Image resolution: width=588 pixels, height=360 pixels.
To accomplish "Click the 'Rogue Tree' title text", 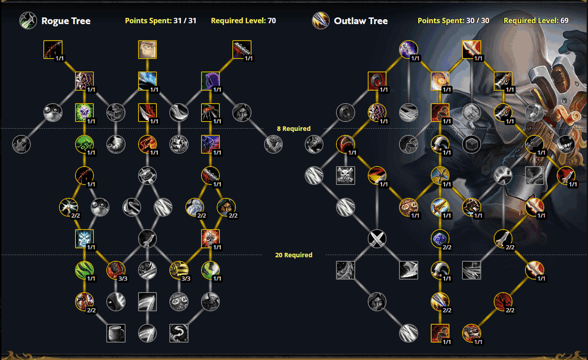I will pyautogui.click(x=66, y=21).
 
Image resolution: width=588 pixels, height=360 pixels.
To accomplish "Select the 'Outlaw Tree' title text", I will pyautogui.click(x=361, y=21).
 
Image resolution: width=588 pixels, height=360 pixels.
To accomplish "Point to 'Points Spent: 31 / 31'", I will pyautogui.click(x=160, y=21).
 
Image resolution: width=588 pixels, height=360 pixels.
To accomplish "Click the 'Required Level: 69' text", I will pyautogui.click(x=536, y=21).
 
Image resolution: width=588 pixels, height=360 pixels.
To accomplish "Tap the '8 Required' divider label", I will pyautogui.click(x=294, y=129).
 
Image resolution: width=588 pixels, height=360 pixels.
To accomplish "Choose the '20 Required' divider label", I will pyautogui.click(x=294, y=255).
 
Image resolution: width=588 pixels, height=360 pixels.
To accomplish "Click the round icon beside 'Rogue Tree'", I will pyautogui.click(x=28, y=21).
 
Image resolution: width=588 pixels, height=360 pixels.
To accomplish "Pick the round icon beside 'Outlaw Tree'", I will pyautogui.click(x=320, y=21).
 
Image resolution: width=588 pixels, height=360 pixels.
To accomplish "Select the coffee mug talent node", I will pyautogui.click(x=116, y=333).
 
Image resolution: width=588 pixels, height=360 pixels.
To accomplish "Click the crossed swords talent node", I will pyautogui.click(x=377, y=239).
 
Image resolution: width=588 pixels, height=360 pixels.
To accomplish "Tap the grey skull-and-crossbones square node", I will pyautogui.click(x=345, y=176).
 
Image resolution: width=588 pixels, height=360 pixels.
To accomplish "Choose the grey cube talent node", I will pyautogui.click(x=471, y=144).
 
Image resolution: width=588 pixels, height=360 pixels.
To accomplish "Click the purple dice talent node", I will pyautogui.click(x=440, y=239).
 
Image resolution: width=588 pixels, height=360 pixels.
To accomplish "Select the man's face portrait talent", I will pyautogui.click(x=147, y=50).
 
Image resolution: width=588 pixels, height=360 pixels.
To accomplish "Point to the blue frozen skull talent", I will pyautogui.click(x=84, y=239).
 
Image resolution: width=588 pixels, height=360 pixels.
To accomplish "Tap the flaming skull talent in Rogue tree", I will pyautogui.click(x=210, y=239).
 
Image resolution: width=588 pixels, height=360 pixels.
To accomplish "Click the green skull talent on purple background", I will pyautogui.click(x=84, y=113).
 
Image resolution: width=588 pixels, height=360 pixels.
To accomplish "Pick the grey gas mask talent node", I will pyautogui.click(x=179, y=302).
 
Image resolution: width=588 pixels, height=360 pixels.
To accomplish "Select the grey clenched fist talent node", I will pyautogui.click(x=471, y=113).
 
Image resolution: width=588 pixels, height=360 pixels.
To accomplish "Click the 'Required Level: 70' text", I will pyautogui.click(x=243, y=21).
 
